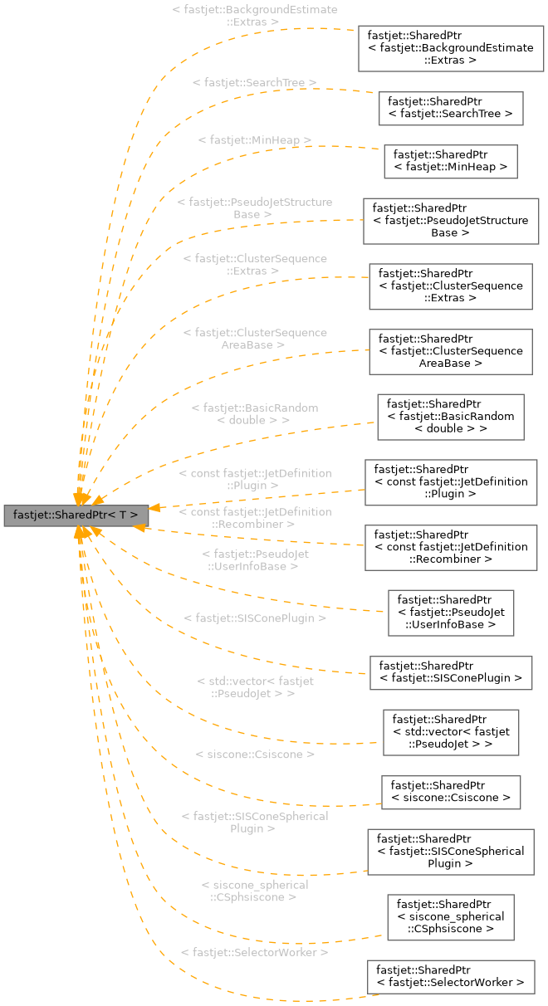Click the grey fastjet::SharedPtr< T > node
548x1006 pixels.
click(x=76, y=515)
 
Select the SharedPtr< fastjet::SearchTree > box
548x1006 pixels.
click(x=451, y=109)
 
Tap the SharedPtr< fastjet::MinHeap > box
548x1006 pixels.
click(x=450, y=162)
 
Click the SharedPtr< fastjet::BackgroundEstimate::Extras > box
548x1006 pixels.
click(x=451, y=48)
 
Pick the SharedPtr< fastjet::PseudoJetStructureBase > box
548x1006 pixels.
click(x=451, y=221)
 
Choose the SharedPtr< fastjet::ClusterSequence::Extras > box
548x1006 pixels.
click(x=451, y=286)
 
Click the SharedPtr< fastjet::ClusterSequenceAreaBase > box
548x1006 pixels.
click(x=451, y=351)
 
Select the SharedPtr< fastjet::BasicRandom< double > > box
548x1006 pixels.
click(x=451, y=417)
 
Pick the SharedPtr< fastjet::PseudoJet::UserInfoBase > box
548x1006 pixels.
click(x=451, y=613)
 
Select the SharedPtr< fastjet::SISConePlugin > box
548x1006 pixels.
click(x=451, y=672)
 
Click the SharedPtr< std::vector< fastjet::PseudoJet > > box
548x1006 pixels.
click(x=451, y=732)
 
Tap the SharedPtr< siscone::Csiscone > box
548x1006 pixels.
click(x=451, y=792)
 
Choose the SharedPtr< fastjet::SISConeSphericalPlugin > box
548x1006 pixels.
click(x=451, y=852)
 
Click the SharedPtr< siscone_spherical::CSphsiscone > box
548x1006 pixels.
click(x=451, y=917)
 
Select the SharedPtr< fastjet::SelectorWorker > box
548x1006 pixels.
click(x=451, y=977)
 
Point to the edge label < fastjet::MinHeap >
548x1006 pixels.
click(x=255, y=140)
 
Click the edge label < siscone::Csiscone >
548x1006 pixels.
click(x=255, y=754)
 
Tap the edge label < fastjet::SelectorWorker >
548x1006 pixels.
click(x=254, y=952)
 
